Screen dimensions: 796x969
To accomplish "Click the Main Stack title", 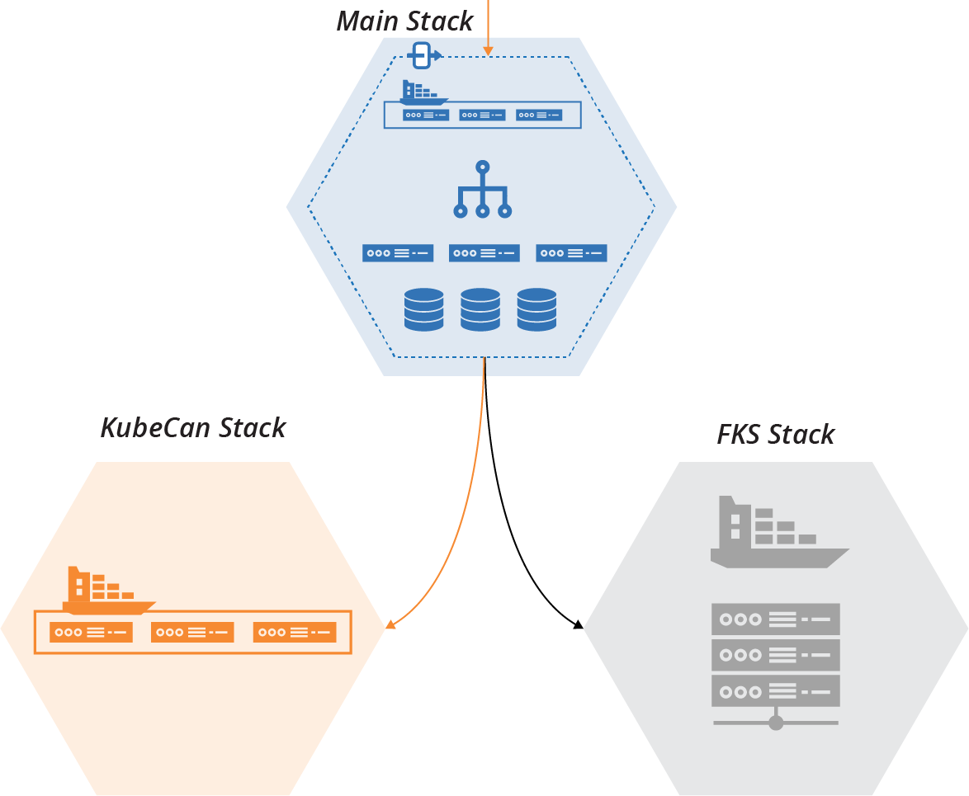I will click(404, 21).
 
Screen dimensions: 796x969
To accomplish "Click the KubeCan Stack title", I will click(193, 427).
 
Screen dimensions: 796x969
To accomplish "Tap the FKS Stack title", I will click(775, 434).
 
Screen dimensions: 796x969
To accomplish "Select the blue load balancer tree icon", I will click(483, 191).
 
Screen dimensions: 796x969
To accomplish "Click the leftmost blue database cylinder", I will click(424, 309).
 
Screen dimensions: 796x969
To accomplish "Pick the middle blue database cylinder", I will click(480, 309).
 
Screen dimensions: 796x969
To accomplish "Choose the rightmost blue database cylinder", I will click(536, 309).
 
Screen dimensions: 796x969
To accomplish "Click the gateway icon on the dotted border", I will click(423, 56).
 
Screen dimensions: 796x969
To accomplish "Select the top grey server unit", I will click(775, 619).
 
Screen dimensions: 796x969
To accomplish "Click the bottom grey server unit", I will click(775, 690).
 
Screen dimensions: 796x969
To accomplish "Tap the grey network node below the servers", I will click(775, 723).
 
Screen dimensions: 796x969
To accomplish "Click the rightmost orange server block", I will click(295, 633).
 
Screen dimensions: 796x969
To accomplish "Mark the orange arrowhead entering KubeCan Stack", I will click(390, 624).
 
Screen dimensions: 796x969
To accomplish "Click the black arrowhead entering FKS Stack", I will click(579, 625).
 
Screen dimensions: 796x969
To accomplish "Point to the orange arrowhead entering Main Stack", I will click(488, 52).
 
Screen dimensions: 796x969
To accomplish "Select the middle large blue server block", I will click(484, 253).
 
